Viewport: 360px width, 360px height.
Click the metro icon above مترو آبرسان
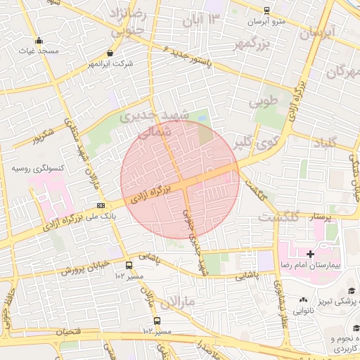tap(266, 11)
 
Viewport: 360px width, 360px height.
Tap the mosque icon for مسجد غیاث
tap(38, 40)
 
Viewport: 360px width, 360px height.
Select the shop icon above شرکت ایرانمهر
tap(110, 53)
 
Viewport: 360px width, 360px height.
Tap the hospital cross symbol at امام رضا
tap(310, 254)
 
